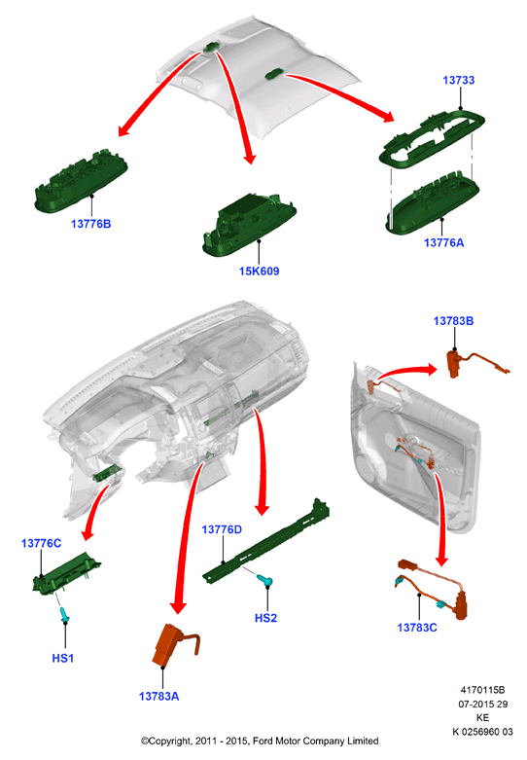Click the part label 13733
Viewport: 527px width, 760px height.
[458, 80]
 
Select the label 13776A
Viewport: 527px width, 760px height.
[443, 242]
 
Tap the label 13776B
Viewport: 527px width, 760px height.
[90, 224]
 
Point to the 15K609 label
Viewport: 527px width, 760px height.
[260, 271]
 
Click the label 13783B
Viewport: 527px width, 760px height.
[453, 321]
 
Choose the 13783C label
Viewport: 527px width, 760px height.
[417, 628]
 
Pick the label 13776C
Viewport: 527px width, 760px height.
[41, 543]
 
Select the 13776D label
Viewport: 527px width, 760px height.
[222, 529]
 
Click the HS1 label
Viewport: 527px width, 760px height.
[63, 658]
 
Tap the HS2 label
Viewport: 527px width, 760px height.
[265, 618]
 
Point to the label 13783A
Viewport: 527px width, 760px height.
[158, 697]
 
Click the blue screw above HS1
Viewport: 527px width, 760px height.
[64, 614]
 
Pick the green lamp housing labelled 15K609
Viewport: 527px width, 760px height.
[249, 224]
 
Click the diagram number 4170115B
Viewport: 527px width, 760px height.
[482, 690]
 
